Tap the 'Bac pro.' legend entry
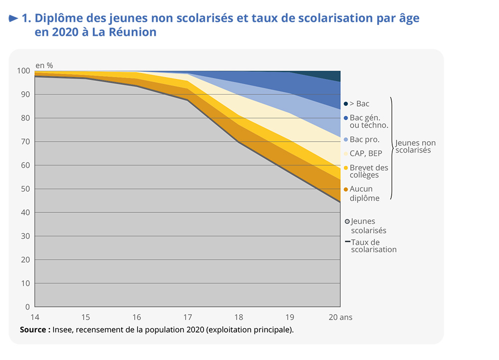click(364, 140)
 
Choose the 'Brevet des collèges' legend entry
click(368, 171)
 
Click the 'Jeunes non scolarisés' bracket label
click(415, 147)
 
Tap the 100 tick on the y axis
click(24, 71)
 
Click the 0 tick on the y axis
click(28, 307)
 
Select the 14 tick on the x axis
click(35, 317)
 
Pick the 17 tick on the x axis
click(188, 317)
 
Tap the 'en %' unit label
click(44, 65)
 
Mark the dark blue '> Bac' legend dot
click(345, 104)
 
